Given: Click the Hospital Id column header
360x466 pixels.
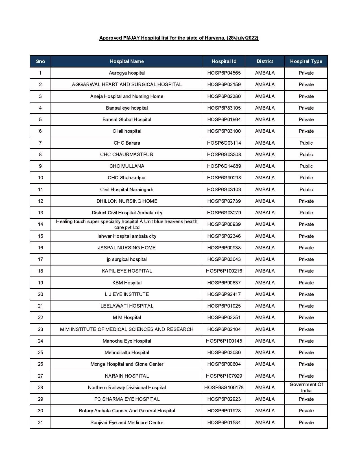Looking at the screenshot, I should (x=224, y=61).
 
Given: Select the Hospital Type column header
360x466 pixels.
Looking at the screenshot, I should (x=306, y=61).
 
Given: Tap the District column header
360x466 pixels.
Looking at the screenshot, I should (x=265, y=61).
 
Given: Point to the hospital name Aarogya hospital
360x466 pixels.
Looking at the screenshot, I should (x=127, y=73).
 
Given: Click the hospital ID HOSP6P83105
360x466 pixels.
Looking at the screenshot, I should (x=224, y=108).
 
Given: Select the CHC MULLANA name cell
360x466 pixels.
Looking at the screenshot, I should (x=127, y=166).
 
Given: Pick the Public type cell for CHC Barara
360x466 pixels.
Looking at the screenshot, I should (x=306, y=143).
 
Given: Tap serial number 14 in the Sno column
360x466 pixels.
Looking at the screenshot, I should (x=40, y=224).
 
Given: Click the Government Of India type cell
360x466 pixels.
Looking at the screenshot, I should (x=306, y=387).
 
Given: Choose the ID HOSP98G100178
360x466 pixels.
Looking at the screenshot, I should (x=224, y=387).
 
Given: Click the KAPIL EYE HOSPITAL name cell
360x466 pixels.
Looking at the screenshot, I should (x=127, y=271).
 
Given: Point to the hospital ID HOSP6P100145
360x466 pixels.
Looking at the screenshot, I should (x=224, y=341).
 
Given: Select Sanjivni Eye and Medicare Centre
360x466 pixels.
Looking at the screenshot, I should (x=127, y=423).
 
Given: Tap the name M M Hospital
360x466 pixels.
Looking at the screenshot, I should (x=127, y=317).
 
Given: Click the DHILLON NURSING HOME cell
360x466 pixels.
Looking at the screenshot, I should (x=127, y=201).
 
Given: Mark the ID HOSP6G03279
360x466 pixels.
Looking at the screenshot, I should (x=224, y=213).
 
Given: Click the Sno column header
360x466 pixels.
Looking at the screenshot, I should (x=40, y=61).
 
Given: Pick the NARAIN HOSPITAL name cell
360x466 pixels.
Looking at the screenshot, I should (x=127, y=376).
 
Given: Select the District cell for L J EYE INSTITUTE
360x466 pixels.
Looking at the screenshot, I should (x=265, y=294).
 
